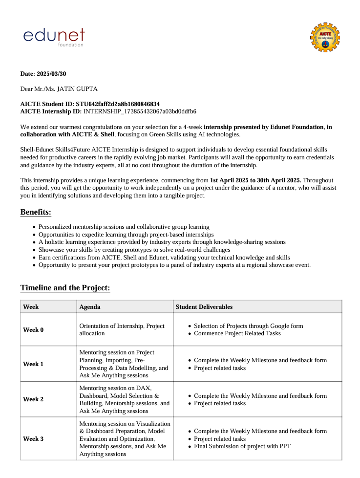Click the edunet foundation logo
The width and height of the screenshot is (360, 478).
pyautogui.click(x=54, y=37)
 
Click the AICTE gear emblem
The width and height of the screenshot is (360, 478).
pyautogui.click(x=325, y=37)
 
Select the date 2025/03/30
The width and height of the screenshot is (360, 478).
pyautogui.click(x=51, y=74)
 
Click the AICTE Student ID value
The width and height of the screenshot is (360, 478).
pyautogui.click(x=118, y=104)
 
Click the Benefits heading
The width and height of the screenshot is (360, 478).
pyautogui.click(x=36, y=212)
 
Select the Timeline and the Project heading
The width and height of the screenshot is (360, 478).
pyautogui.click(x=65, y=288)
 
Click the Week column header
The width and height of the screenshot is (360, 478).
pyautogui.click(x=31, y=307)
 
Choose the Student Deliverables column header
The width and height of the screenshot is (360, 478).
pyautogui.click(x=204, y=307)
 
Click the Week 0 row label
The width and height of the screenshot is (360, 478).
pyautogui.click(x=33, y=330)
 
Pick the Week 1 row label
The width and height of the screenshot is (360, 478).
pyautogui.click(x=33, y=364)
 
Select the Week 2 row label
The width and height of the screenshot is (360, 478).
pyautogui.click(x=33, y=399)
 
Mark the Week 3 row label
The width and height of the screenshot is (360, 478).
pyautogui.click(x=33, y=439)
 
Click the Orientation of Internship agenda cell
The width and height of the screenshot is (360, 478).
pyautogui.click(x=122, y=329)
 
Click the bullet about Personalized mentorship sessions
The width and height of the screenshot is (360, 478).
pyautogui.click(x=124, y=227)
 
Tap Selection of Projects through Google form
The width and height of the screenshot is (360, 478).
pyautogui.click(x=248, y=326)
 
